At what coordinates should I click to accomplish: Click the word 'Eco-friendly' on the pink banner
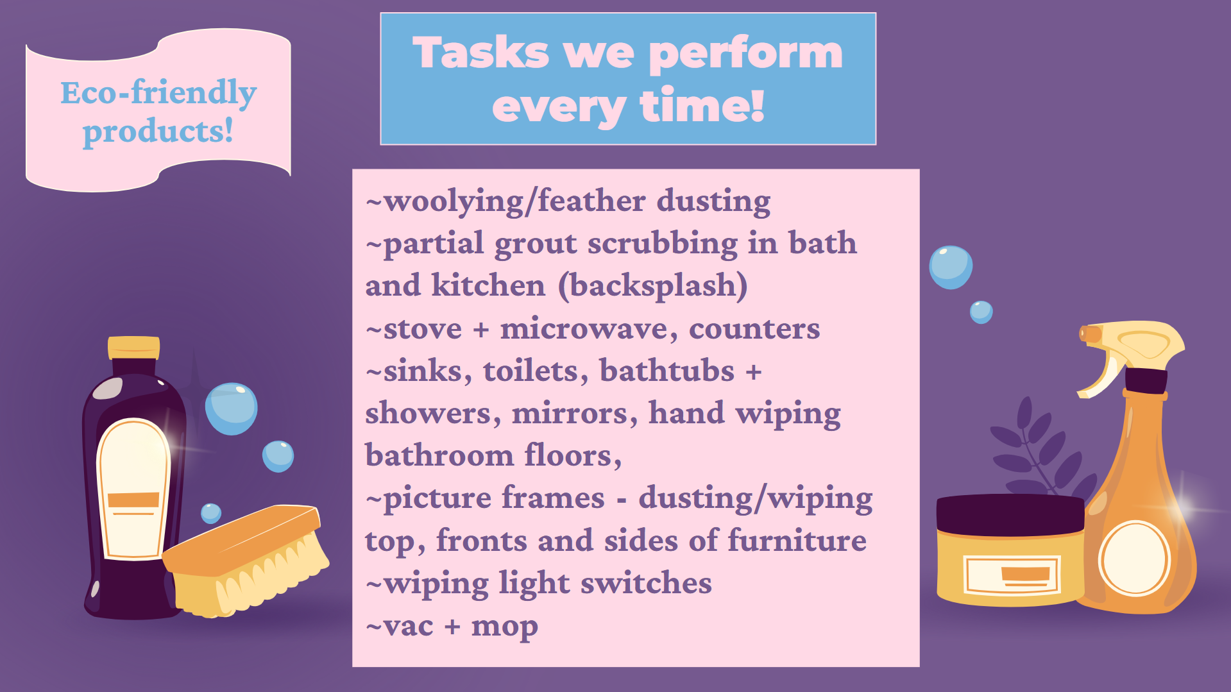pyautogui.click(x=158, y=93)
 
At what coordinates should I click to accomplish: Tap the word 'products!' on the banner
pyautogui.click(x=158, y=132)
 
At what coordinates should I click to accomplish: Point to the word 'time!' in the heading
pyautogui.click(x=702, y=106)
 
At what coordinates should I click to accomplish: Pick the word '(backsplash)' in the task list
pyautogui.click(x=652, y=286)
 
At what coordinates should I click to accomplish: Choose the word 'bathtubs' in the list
pyautogui.click(x=666, y=371)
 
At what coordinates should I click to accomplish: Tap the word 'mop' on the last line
pyautogui.click(x=504, y=627)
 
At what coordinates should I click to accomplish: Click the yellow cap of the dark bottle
pyautogui.click(x=133, y=347)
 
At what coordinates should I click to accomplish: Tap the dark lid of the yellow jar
pyautogui.click(x=1010, y=513)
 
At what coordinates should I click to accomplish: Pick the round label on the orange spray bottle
pyautogui.click(x=1134, y=558)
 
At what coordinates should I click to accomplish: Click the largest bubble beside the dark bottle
pyautogui.click(x=231, y=408)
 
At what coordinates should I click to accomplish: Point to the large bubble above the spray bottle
pyautogui.click(x=951, y=267)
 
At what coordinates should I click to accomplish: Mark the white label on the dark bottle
pyautogui.click(x=133, y=487)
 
